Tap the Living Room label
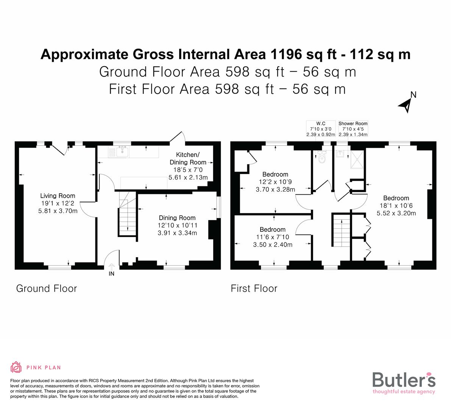[x=58, y=196]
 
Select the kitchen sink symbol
[x=122, y=152]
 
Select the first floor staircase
[x=340, y=229]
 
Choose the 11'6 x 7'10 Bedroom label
[x=273, y=237]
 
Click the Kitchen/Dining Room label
[x=188, y=158]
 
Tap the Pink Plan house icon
[x=16, y=367]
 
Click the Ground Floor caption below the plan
[x=47, y=289]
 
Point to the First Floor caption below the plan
[x=254, y=289]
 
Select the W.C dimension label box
[x=320, y=129]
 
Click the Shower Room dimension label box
[x=353, y=129]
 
